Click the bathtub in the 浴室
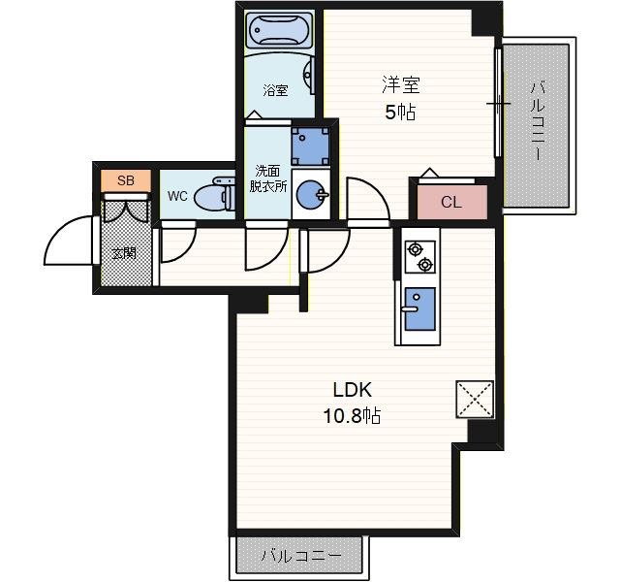(x=279, y=29)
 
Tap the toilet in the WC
(x=215, y=194)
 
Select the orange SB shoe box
(x=126, y=180)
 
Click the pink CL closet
(x=452, y=202)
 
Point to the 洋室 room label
(x=400, y=84)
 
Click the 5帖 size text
(x=400, y=113)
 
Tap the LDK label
(x=353, y=390)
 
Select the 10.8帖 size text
(x=352, y=416)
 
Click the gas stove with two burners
(x=419, y=257)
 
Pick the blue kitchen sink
(x=419, y=309)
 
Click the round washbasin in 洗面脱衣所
(x=311, y=194)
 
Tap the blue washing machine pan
(x=311, y=145)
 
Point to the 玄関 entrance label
(x=124, y=252)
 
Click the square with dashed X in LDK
(x=475, y=399)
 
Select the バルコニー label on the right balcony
(x=538, y=120)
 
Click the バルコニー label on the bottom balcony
(x=301, y=556)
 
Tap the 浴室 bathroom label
(x=275, y=90)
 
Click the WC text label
(x=177, y=196)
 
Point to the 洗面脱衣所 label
(x=268, y=178)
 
